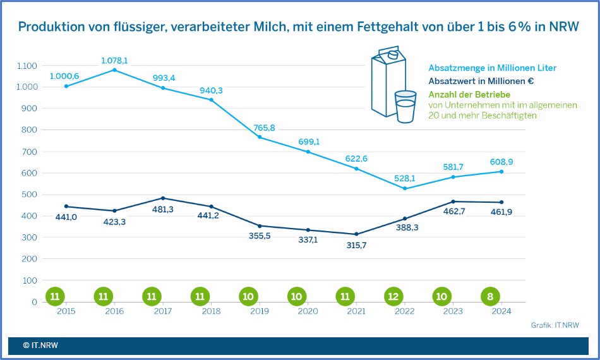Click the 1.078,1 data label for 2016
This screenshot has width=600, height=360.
click(114, 61)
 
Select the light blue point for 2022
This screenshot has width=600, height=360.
click(405, 188)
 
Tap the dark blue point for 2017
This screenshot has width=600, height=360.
click(163, 198)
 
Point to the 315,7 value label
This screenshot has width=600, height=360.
click(356, 245)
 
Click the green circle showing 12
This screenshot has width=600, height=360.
click(393, 296)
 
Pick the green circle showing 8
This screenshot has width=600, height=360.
click(490, 296)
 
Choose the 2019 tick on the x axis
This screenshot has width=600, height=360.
click(260, 311)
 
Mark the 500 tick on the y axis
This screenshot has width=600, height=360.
click(29, 195)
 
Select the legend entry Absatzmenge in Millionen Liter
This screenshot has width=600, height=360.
click(492, 68)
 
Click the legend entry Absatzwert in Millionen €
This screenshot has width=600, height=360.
click(482, 81)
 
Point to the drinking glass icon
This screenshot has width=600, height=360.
click(405, 107)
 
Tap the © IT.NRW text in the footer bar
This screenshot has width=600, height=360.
click(40, 345)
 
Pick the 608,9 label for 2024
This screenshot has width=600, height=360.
click(501, 162)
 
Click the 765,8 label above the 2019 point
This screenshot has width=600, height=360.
click(263, 128)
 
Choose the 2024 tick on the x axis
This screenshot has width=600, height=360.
click(501, 311)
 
